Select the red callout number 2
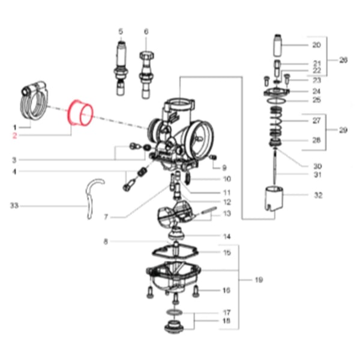tap(15, 136)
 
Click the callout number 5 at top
tap(120, 31)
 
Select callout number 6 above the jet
tap(146, 31)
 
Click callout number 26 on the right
tap(343, 60)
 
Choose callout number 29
tap(343, 130)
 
